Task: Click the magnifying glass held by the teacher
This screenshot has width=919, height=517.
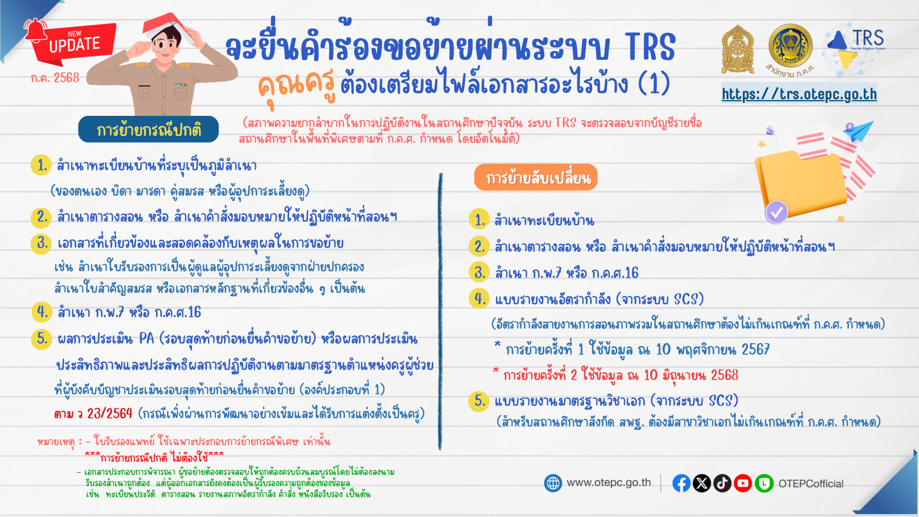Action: pos(159,45)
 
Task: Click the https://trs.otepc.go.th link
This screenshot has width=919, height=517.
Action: pos(799,94)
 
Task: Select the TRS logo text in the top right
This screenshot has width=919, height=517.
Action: pos(868,38)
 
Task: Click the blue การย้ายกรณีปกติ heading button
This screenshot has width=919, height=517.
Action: pos(148,130)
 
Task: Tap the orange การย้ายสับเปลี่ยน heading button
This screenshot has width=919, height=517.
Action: pos(536,178)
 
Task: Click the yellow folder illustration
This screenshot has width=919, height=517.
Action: pos(799,182)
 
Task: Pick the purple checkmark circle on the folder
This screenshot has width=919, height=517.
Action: pos(776,212)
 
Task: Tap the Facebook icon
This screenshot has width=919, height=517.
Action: pos(681,483)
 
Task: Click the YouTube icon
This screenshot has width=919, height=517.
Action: pos(743,483)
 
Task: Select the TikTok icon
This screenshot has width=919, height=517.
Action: pos(722,483)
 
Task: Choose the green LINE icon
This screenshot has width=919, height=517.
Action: pos(764,483)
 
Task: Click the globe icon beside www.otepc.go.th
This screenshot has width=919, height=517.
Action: pos(553,483)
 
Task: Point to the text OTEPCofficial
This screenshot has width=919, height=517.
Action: pos(811,483)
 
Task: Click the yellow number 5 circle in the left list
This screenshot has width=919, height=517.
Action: pos(42,339)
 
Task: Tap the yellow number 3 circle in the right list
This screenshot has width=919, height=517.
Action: pos(479,272)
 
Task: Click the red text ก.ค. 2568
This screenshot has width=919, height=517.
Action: pos(55,78)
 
